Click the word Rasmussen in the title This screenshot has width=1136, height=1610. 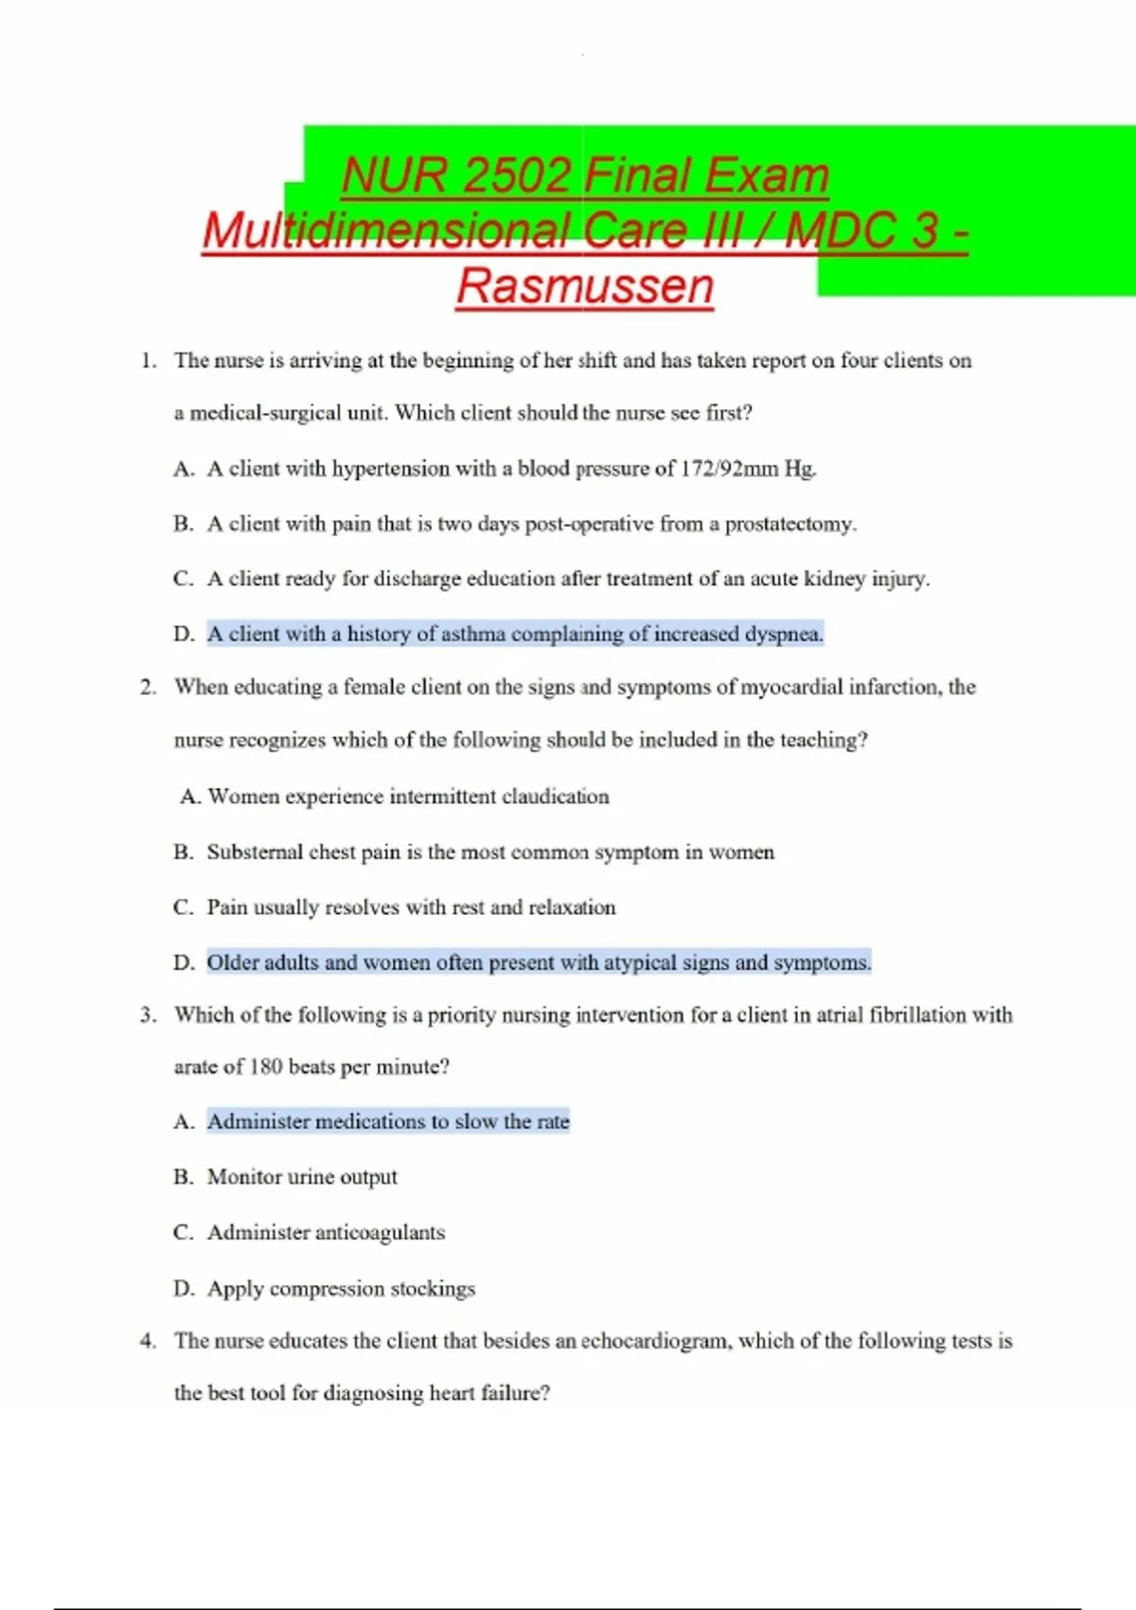click(584, 286)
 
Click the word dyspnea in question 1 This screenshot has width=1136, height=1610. click(783, 634)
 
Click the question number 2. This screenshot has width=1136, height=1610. click(147, 688)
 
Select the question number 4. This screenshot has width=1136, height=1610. click(147, 1341)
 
